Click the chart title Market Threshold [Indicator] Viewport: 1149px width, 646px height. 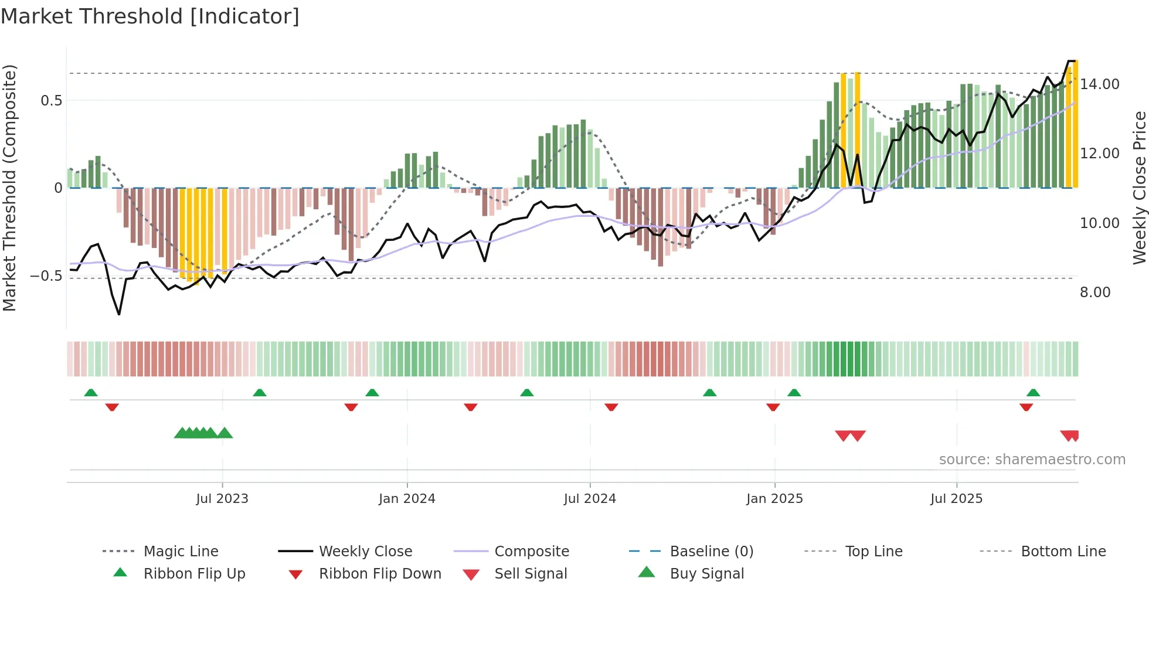150,16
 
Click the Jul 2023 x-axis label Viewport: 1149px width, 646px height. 222,499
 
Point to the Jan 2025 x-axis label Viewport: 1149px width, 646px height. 774,499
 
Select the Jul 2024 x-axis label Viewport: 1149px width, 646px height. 590,499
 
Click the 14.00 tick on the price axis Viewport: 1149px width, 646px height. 1100,84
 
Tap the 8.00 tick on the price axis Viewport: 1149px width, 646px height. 1095,293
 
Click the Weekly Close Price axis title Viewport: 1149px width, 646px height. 1139,188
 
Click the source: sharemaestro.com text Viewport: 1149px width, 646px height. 1032,460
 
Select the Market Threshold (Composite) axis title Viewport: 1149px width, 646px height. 9,188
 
